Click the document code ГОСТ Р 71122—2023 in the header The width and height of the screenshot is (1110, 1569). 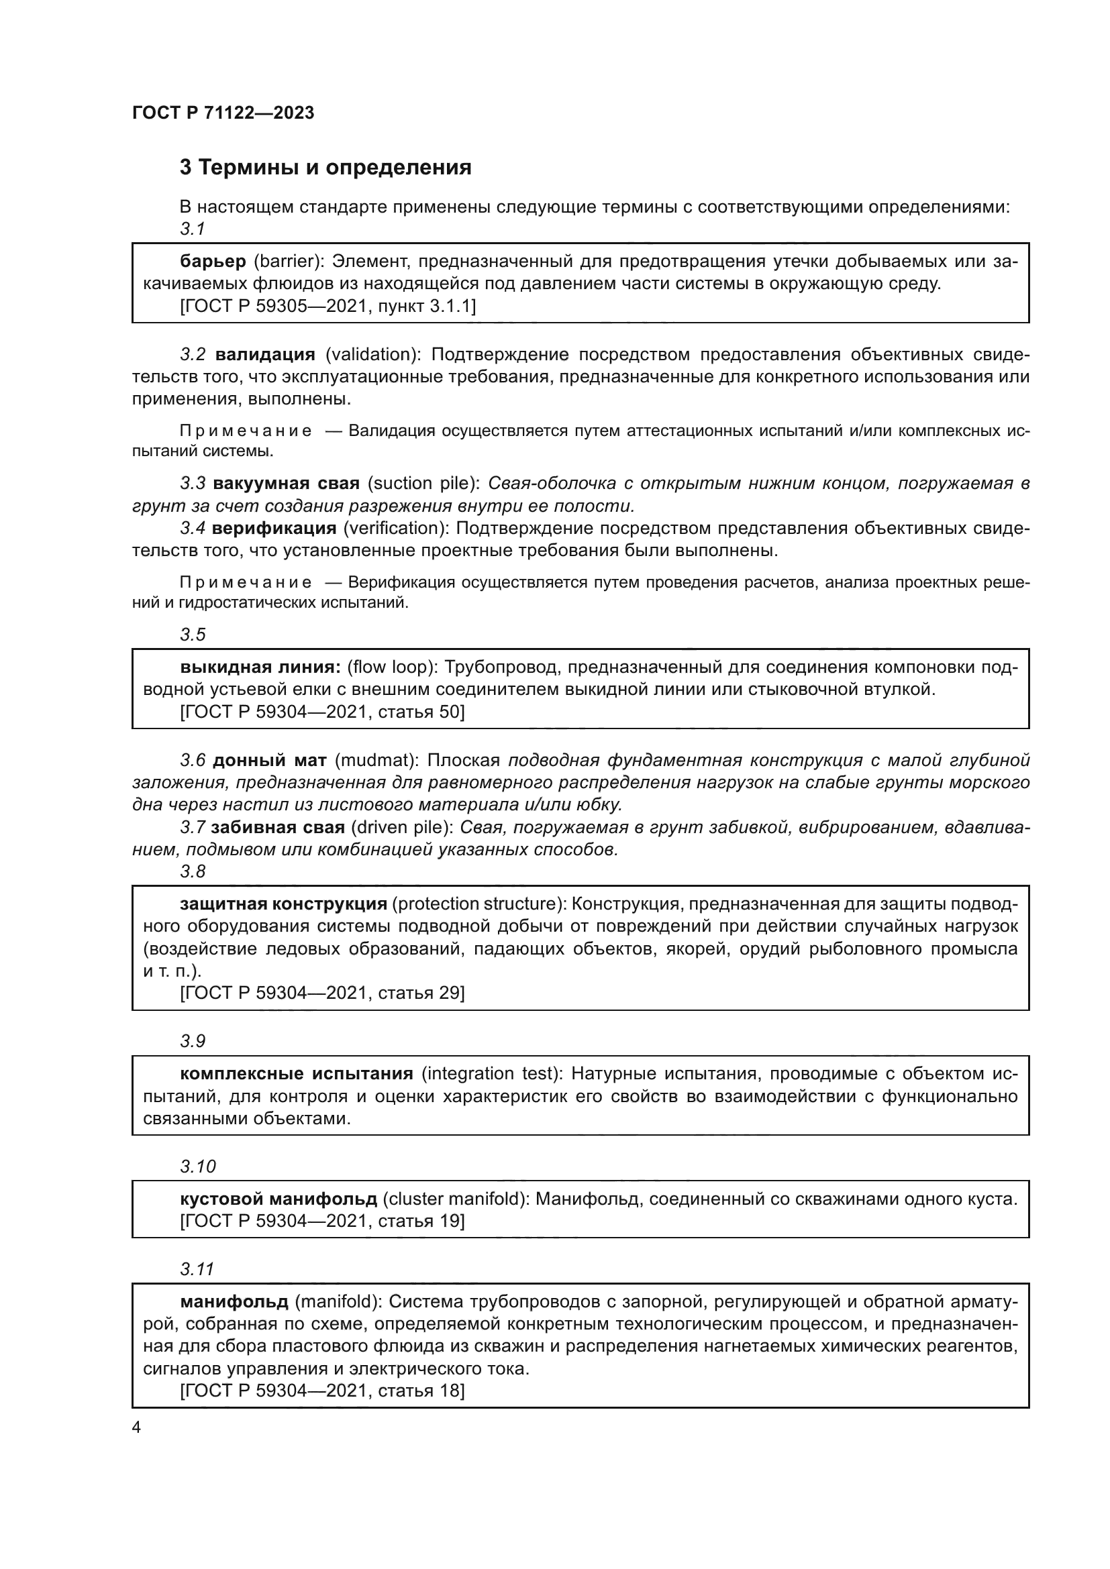coord(223,113)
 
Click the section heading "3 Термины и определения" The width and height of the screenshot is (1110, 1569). coord(325,168)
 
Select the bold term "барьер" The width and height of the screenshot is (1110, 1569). coord(213,261)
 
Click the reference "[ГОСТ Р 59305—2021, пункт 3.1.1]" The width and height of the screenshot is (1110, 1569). coord(327,305)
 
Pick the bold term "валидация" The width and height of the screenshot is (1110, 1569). coord(265,354)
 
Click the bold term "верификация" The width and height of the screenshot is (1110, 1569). coord(274,527)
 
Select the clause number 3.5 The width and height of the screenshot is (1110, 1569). coord(193,634)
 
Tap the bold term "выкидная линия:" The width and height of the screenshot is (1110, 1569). coord(260,666)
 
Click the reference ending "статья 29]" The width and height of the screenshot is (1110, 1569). coord(322,992)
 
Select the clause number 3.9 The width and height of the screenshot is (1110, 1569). coord(193,1041)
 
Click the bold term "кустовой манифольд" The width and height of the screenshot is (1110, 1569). coord(279,1199)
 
